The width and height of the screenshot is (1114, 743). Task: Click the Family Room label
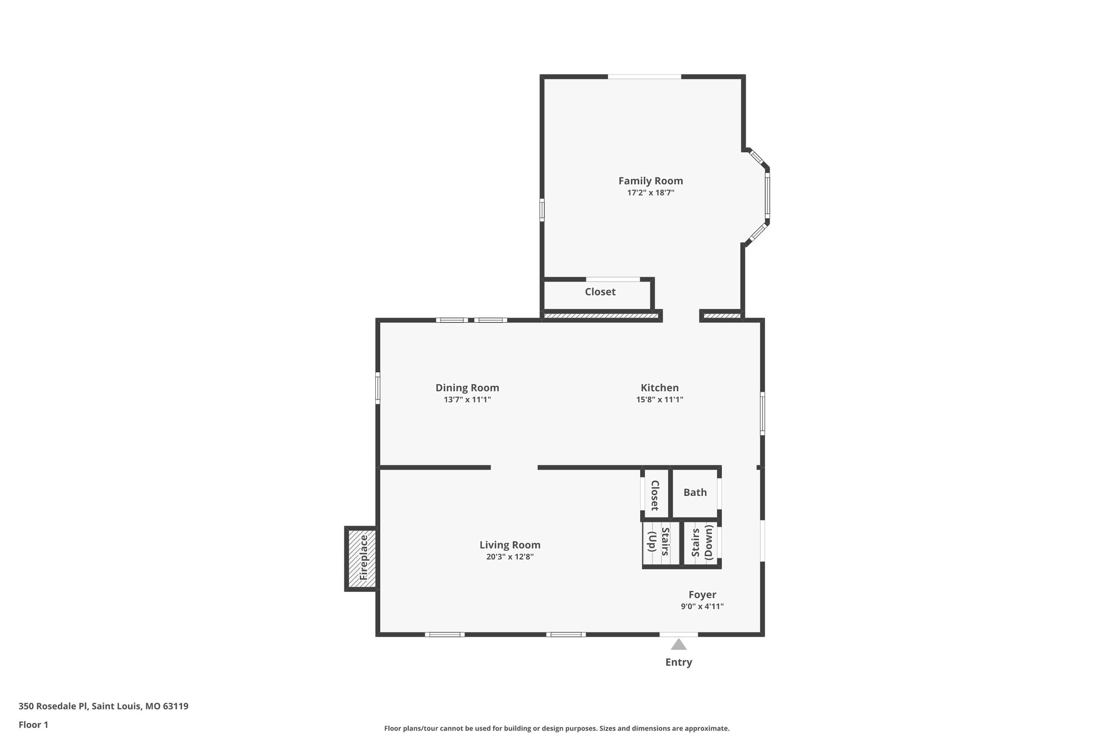(651, 181)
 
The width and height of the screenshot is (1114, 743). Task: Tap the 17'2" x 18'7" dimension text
(651, 193)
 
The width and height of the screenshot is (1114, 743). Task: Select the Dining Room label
(467, 388)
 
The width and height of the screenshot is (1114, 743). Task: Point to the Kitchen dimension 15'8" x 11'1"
(660, 400)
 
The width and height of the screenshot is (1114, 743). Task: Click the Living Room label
(510, 545)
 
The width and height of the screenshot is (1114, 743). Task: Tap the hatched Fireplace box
(362, 558)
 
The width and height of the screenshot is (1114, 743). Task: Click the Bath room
(695, 493)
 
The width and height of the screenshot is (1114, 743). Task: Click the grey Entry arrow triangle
(678, 645)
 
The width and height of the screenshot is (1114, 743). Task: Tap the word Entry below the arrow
(678, 662)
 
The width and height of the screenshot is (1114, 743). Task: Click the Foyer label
(702, 595)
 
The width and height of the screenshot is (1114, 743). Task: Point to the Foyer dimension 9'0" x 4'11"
(702, 606)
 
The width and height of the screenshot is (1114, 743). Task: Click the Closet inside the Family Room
(600, 292)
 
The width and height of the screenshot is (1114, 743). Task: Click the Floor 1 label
(33, 725)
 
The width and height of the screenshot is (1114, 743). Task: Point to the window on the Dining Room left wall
(377, 388)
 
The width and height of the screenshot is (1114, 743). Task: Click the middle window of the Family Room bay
(767, 194)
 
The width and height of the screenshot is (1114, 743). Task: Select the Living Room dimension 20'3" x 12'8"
(510, 557)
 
